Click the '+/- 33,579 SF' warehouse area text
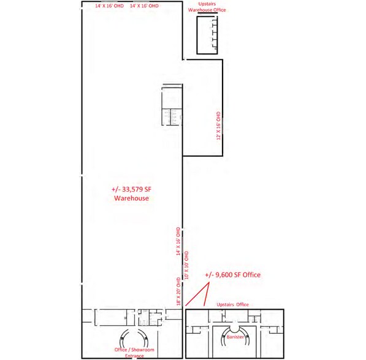[131, 189]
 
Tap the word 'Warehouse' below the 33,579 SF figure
[131, 198]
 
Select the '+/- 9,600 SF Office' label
[233, 275]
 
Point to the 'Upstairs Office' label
[233, 304]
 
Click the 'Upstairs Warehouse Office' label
[207, 7]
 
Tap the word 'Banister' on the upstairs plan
[235, 337]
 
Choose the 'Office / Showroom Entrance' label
[134, 353]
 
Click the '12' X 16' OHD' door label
[218, 126]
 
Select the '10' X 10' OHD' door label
[186, 265]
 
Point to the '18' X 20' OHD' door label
[178, 291]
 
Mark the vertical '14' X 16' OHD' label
[178, 241]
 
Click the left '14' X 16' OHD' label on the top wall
[109, 6]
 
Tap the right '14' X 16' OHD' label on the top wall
[144, 6]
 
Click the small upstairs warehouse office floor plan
[207, 35]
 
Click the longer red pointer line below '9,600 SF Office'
[197, 294]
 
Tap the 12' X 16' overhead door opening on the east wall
[223, 126]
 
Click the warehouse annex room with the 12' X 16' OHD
[202, 108]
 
